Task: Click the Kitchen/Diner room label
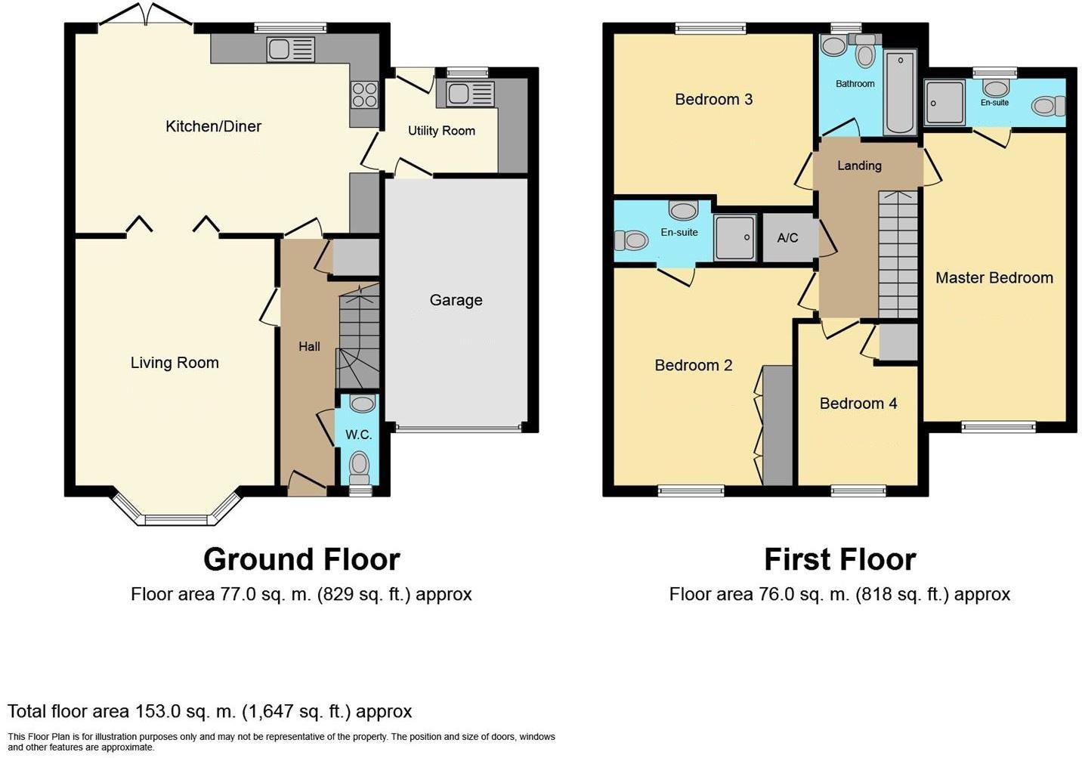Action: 213,126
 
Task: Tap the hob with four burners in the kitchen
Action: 363,94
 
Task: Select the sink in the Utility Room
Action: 469,94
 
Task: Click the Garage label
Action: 456,300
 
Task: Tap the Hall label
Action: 309,346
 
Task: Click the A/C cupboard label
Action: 787,238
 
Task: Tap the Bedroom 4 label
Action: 858,404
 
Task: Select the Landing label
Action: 859,166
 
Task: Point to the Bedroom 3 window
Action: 710,29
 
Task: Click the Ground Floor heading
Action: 301,559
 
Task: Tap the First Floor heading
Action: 839,559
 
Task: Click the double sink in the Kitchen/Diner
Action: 290,51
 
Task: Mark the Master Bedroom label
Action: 994,277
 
